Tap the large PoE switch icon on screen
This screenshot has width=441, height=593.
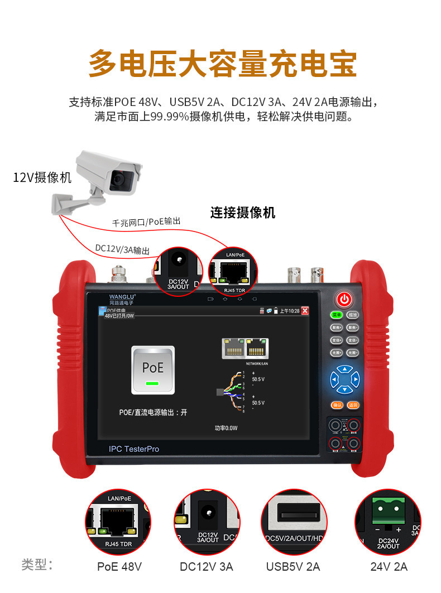[x=152, y=370]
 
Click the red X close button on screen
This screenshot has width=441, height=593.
[x=305, y=311]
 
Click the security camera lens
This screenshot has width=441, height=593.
[x=119, y=179]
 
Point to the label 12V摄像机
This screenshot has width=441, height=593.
[x=42, y=177]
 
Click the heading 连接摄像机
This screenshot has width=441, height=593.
[x=243, y=213]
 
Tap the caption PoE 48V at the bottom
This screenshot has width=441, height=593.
[x=119, y=567]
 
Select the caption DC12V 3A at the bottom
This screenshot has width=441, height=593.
[x=207, y=567]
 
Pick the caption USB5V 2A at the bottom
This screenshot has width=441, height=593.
[x=293, y=567]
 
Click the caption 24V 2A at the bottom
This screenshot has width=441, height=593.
[x=389, y=567]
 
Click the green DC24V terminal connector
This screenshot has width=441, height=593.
[x=389, y=509]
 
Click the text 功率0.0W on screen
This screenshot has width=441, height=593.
[x=226, y=428]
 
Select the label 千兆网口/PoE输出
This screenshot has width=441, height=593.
[x=146, y=222]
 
